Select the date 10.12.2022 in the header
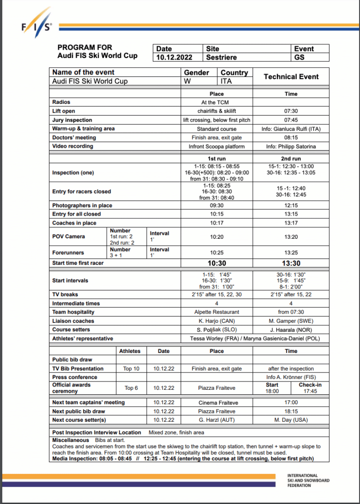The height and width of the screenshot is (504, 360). (171, 57)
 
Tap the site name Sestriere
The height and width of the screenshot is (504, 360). (221, 57)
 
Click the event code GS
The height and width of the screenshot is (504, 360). (299, 57)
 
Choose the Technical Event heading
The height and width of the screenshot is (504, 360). (291, 77)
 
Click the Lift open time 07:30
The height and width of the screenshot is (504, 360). (291, 111)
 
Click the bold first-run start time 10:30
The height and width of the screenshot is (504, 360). (216, 263)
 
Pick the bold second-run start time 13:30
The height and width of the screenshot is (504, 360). (291, 263)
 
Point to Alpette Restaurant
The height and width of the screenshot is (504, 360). (216, 312)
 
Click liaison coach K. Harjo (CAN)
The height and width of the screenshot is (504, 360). (216, 321)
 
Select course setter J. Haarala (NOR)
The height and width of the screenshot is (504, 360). (291, 330)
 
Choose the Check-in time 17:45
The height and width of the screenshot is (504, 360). (310, 391)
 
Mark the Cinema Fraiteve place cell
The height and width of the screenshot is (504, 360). (216, 402)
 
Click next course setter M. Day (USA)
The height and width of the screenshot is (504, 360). (291, 420)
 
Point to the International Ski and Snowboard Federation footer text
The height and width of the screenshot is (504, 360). (308, 480)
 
